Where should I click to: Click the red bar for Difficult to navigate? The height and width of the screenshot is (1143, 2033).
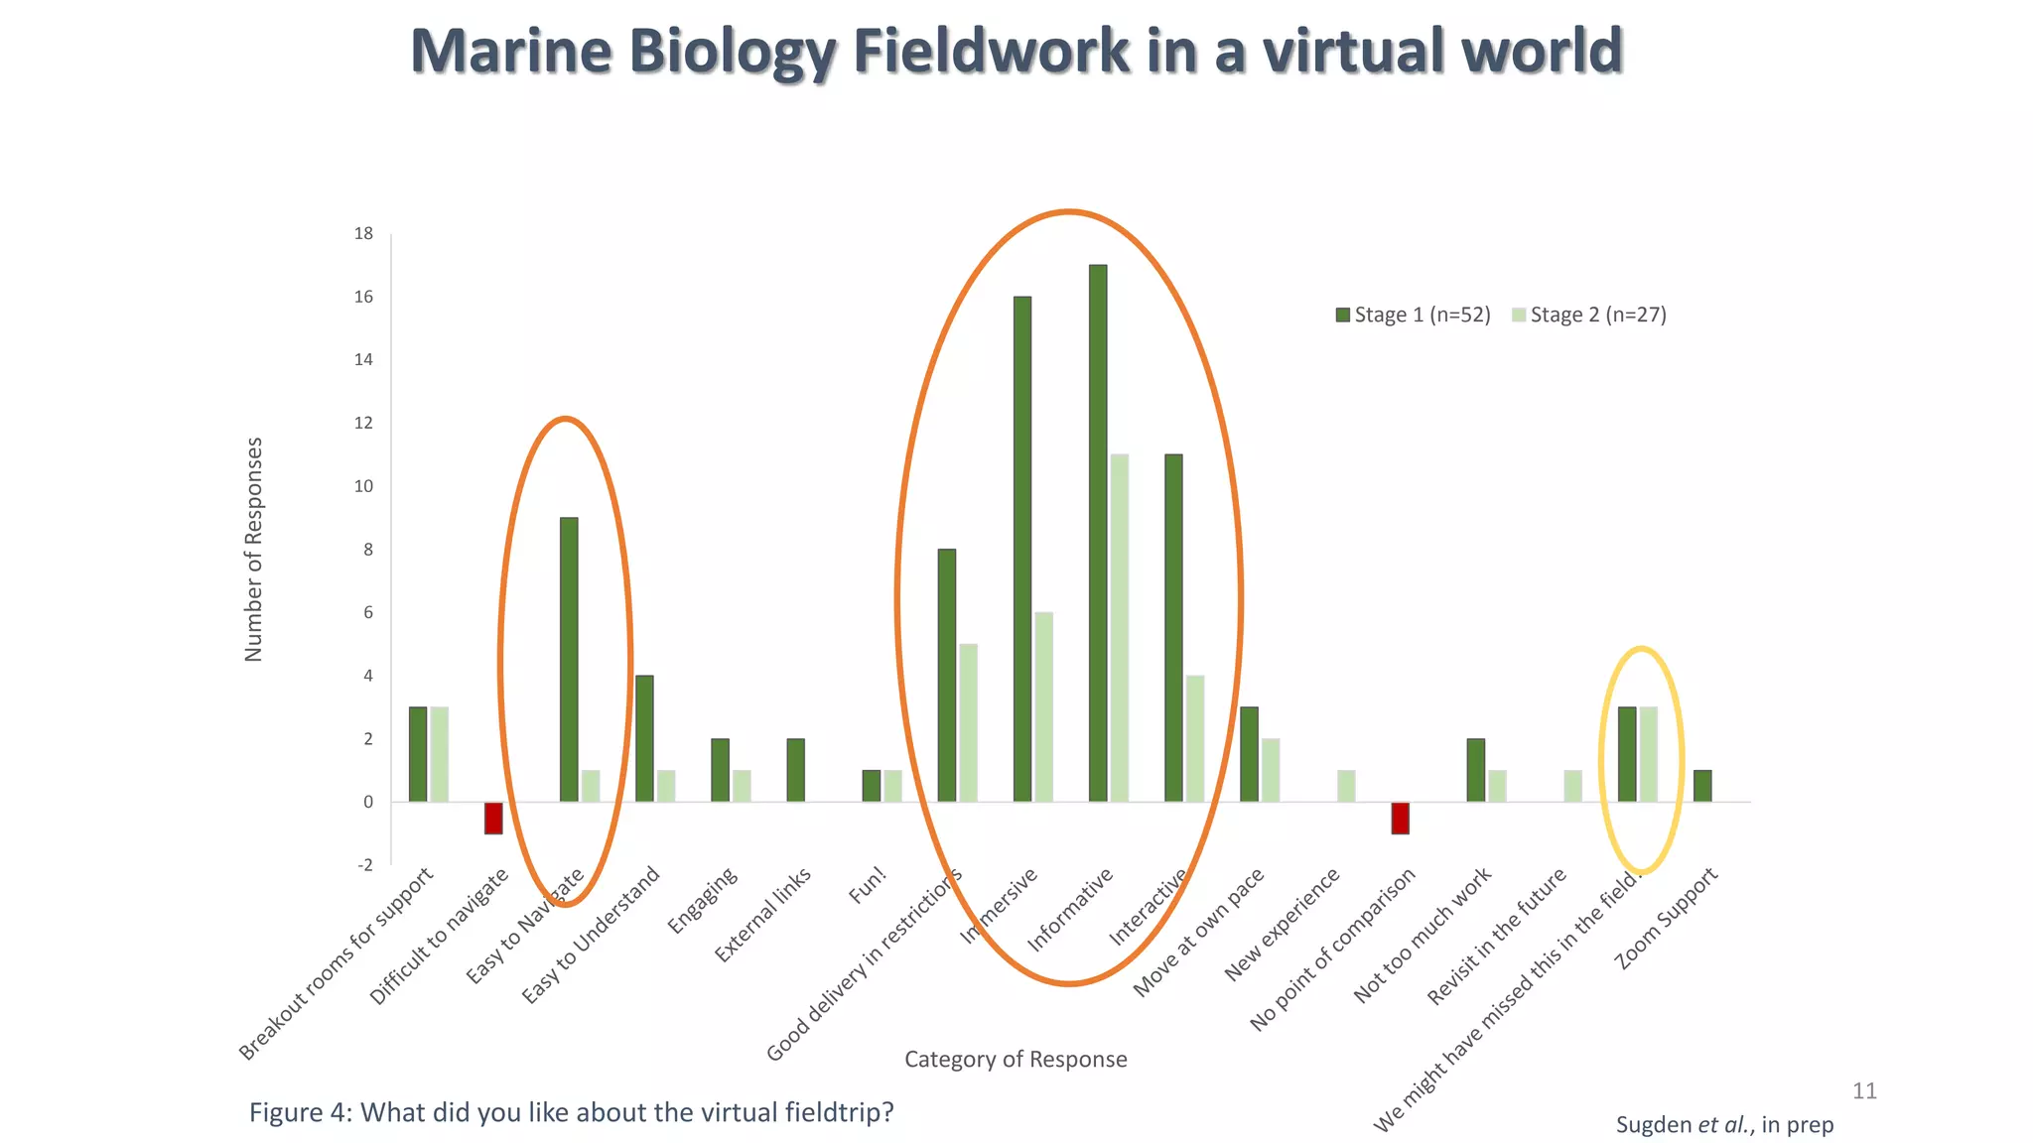click(493, 818)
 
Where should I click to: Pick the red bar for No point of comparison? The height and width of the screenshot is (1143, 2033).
click(1400, 818)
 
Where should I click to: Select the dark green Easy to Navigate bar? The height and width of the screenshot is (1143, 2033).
click(569, 659)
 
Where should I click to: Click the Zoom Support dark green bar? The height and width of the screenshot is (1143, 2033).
click(1702, 786)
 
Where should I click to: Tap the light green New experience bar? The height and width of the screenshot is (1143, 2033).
click(1346, 786)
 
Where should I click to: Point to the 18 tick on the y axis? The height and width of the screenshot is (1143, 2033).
click(364, 233)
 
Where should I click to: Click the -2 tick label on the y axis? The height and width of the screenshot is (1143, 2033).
click(364, 864)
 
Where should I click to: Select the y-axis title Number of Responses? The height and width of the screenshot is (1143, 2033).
click(254, 549)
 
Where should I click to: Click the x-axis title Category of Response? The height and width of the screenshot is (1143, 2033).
click(1016, 1059)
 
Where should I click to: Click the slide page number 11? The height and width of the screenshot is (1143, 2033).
click(1864, 1090)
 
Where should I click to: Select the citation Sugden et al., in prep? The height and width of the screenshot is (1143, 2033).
click(1724, 1124)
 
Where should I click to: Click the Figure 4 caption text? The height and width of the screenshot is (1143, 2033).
click(571, 1112)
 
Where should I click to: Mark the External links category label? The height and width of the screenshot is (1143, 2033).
click(762, 915)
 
